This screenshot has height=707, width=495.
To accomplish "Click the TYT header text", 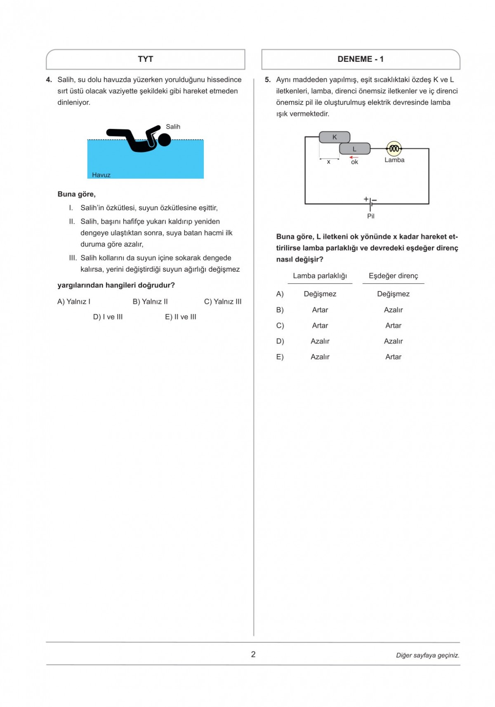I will (145, 59).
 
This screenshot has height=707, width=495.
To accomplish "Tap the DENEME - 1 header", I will (360, 59).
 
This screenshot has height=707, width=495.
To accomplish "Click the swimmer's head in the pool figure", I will (165, 140).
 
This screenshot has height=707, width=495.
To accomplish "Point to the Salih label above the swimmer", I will (173, 127).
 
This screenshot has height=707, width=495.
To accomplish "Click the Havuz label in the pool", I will (101, 175).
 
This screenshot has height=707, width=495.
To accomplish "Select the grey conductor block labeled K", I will (335, 137).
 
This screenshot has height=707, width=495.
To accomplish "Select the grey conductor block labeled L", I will (354, 149).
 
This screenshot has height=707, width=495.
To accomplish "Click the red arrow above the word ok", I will (354, 157).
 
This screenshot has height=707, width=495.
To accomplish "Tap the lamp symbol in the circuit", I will (394, 148).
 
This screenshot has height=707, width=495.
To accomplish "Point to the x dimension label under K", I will (328, 162).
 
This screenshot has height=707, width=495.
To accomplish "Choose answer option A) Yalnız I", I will (74, 301).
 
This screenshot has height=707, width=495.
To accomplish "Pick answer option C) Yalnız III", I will (223, 301).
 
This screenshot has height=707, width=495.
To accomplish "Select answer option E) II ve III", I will (181, 317).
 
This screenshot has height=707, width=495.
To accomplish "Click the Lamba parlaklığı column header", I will (320, 276).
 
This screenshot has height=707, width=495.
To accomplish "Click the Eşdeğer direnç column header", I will (393, 276).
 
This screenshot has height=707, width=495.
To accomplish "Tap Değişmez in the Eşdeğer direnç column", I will (393, 294).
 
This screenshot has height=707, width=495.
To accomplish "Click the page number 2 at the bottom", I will (253, 654).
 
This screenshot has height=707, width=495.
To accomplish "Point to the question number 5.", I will (267, 80).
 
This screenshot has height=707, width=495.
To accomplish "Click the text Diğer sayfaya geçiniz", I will (427, 655).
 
